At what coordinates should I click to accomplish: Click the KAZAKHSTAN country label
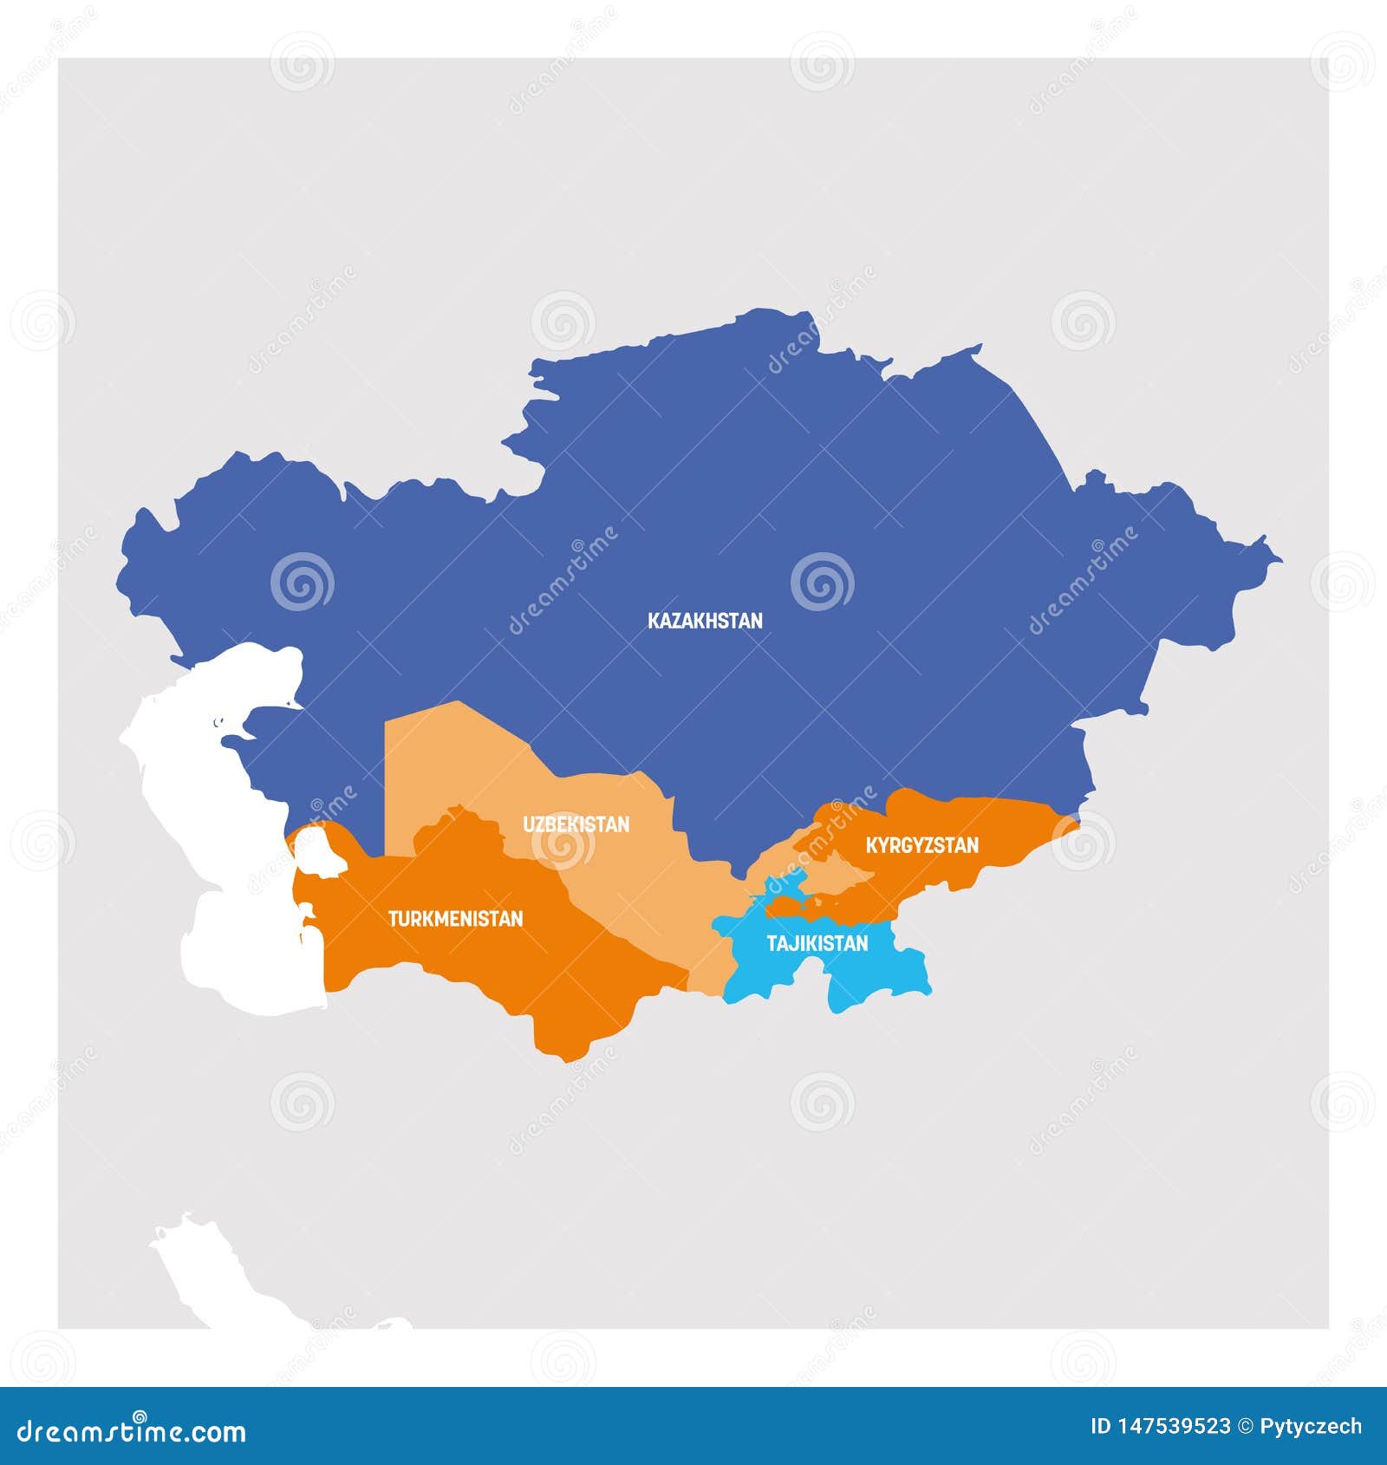click(x=705, y=621)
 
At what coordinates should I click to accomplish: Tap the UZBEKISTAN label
click(x=576, y=824)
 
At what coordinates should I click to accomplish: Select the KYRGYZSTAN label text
click(x=922, y=844)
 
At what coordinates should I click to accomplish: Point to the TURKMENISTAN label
click(x=455, y=919)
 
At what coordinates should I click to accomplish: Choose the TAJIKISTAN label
click(x=817, y=943)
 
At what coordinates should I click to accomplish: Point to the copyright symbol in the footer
click(x=1246, y=1426)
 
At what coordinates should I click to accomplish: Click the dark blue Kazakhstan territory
click(x=780, y=520)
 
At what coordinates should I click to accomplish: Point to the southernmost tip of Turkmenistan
click(x=563, y=1059)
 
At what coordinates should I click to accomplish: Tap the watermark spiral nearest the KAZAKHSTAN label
click(x=822, y=581)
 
